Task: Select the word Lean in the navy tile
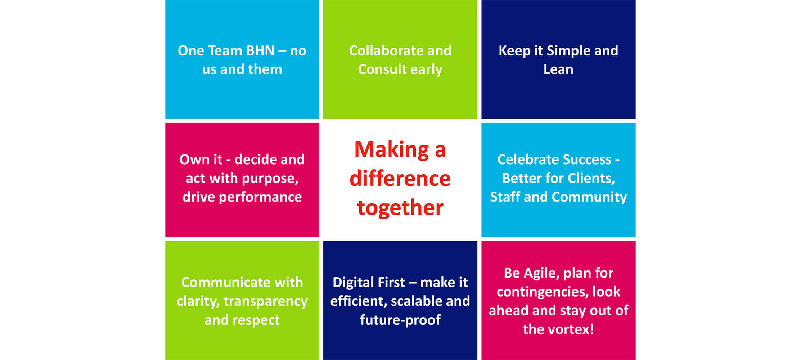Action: click(558, 69)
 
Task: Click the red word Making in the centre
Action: click(392, 149)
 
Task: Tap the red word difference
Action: click(400, 178)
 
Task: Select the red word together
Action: click(400, 208)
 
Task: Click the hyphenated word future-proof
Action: click(400, 320)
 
